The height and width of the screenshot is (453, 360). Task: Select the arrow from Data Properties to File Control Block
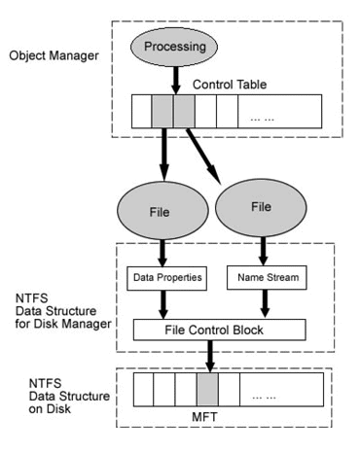pyautogui.click(x=168, y=305)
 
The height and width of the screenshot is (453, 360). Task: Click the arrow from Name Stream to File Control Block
pyautogui.click(x=263, y=305)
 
